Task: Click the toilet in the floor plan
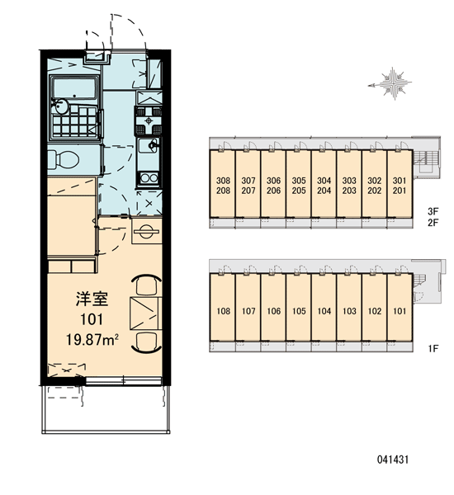[64, 159]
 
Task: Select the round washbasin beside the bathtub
[60, 106]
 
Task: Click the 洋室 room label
[92, 299]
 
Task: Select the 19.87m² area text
[92, 340]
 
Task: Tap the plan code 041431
[393, 460]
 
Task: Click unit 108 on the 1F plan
[223, 311]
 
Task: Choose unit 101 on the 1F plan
[400, 311]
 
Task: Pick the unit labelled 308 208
[223, 186]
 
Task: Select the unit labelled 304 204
[324, 186]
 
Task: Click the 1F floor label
[433, 348]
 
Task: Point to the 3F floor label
[433, 211]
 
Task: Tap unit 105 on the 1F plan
[299, 311]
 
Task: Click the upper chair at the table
[147, 285]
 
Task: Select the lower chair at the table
[147, 342]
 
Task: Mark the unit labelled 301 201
[400, 186]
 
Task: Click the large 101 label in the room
[92, 319]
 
